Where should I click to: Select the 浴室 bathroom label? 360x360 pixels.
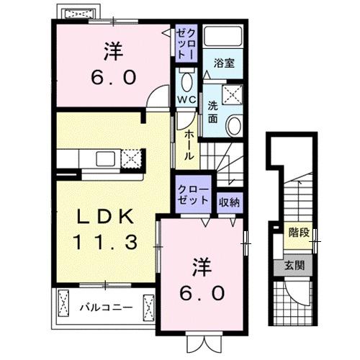tap(223, 63)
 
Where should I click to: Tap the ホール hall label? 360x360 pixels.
tap(188, 146)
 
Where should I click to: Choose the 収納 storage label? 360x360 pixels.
tap(230, 202)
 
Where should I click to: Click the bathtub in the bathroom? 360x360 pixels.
tap(224, 39)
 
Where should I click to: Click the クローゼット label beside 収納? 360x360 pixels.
tap(193, 196)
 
